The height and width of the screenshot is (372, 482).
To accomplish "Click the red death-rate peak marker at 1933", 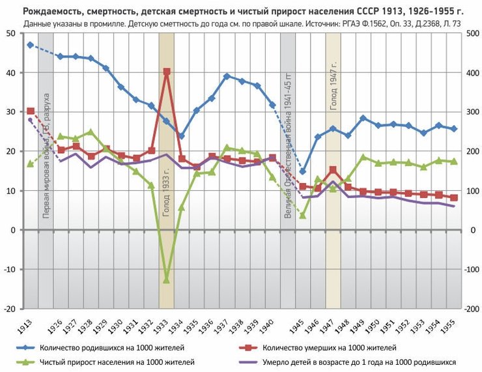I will (x=167, y=72).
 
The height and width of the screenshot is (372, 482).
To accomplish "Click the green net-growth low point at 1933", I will (x=167, y=279).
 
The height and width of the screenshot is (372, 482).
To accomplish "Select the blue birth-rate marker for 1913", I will (x=30, y=45).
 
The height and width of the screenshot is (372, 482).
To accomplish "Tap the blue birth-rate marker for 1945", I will (x=303, y=171).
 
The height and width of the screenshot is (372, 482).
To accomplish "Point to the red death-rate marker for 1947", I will (x=333, y=170).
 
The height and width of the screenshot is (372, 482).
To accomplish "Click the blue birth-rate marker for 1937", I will (x=227, y=76).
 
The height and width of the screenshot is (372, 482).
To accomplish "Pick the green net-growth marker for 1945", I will (x=303, y=215).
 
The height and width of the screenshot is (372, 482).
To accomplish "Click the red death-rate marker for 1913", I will (x=30, y=111).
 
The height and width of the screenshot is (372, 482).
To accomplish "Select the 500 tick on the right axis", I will (x=472, y=33).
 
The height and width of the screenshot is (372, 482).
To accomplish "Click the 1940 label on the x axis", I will (x=267, y=323).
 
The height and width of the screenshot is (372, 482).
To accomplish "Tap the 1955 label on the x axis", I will (x=449, y=323).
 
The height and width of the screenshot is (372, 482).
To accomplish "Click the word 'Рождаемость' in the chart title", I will (x=53, y=12).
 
